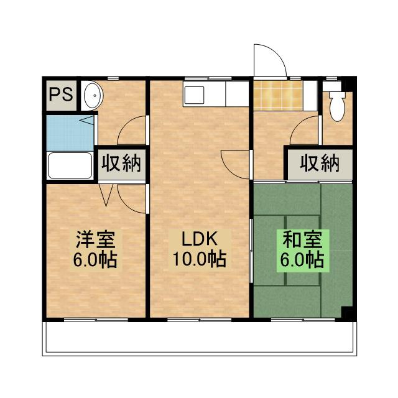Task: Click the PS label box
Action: (60, 95)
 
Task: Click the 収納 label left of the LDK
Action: (122, 164)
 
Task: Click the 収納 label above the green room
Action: (320, 164)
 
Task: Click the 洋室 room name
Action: (95, 239)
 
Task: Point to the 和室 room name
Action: (302, 239)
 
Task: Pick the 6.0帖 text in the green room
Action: (302, 258)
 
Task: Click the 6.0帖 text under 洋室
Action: (95, 258)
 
